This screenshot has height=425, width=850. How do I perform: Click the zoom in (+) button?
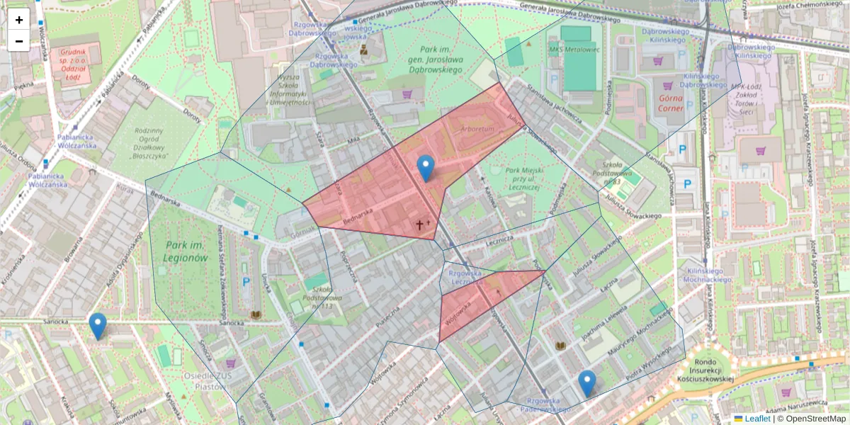[x=19, y=20]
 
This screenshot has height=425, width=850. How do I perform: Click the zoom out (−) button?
[x=19, y=41]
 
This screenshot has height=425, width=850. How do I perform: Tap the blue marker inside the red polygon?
[x=425, y=168]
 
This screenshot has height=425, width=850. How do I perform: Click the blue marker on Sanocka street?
[x=98, y=326]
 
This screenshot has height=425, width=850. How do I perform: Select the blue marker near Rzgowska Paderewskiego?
[x=586, y=383]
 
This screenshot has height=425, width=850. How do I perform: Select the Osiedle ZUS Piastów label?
[x=203, y=380]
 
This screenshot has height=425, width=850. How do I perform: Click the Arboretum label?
[x=475, y=130]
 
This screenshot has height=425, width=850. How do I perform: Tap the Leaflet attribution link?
[x=757, y=419]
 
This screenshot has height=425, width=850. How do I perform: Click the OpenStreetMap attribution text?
[x=815, y=419]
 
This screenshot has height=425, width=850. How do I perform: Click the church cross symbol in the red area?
[x=419, y=225]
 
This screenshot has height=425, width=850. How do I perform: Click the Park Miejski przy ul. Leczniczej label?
[x=516, y=179]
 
